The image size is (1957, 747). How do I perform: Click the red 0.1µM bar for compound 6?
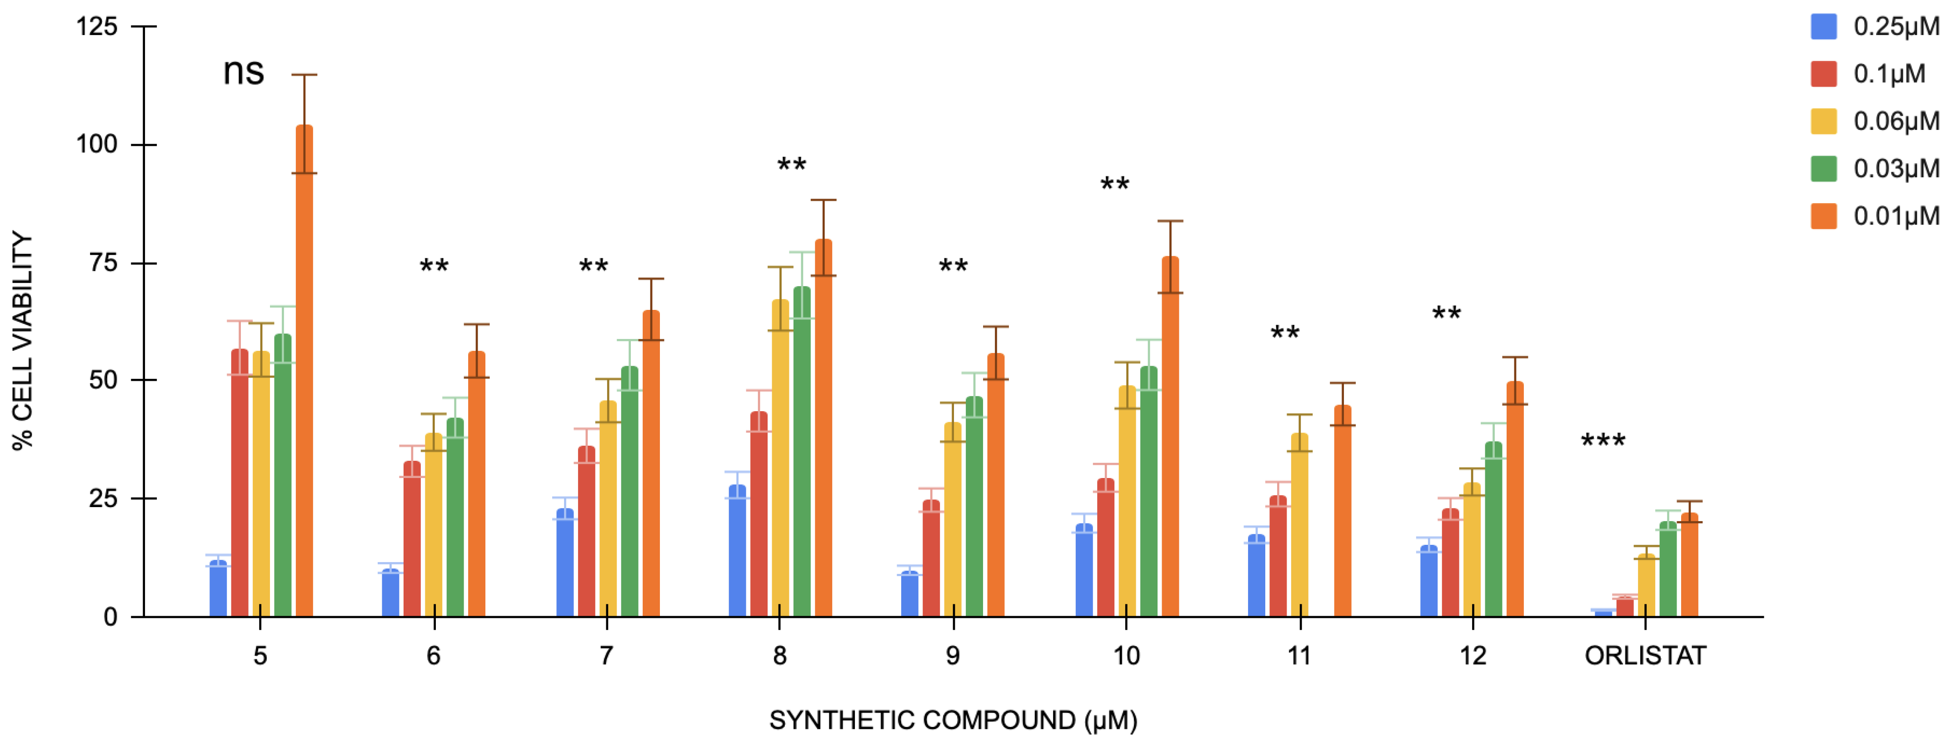(x=412, y=539)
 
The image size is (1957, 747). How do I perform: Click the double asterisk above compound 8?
(x=792, y=165)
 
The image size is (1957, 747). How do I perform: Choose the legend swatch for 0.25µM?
(x=1823, y=27)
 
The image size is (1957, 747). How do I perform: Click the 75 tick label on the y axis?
(x=103, y=263)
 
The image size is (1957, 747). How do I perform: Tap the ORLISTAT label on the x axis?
(x=1645, y=656)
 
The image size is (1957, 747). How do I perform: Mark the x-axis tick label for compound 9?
(x=953, y=656)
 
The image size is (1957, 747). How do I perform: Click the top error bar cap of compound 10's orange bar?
(x=1170, y=221)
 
